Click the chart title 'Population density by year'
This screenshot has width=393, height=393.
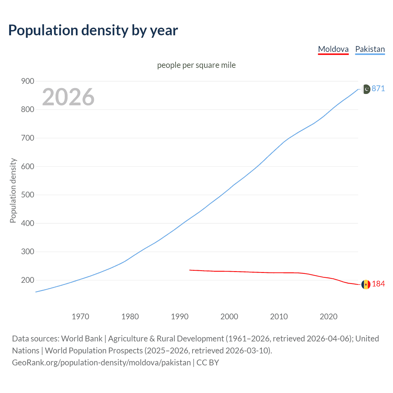pyautogui.click(x=93, y=30)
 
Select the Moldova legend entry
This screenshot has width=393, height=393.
pyautogui.click(x=333, y=49)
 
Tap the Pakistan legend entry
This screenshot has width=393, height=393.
pyautogui.click(x=370, y=49)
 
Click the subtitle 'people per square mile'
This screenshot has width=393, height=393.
pyautogui.click(x=196, y=65)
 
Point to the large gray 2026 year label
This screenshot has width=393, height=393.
pyautogui.click(x=68, y=97)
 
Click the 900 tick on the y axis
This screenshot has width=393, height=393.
pyautogui.click(x=27, y=81)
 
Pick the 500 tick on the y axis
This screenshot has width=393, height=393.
pyautogui.click(x=27, y=195)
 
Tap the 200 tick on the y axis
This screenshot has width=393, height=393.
pyautogui.click(x=27, y=280)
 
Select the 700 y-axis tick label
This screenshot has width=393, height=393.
pyautogui.click(x=27, y=138)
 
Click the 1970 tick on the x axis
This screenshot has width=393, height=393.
pyautogui.click(x=80, y=317)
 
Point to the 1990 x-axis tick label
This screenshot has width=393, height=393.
pyautogui.click(x=180, y=317)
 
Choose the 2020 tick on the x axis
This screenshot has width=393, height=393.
pyautogui.click(x=329, y=317)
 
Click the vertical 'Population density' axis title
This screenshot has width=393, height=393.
pyautogui.click(x=13, y=190)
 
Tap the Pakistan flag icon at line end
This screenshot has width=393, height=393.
pyautogui.click(x=366, y=89)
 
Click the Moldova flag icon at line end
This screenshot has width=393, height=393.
pyautogui.click(x=365, y=284)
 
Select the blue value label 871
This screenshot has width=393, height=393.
pyautogui.click(x=378, y=89)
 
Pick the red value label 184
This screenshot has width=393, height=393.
pyautogui.click(x=378, y=284)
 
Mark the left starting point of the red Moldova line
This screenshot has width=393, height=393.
pyautogui.click(x=190, y=270)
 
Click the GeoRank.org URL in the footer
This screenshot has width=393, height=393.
pyautogui.click(x=101, y=363)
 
